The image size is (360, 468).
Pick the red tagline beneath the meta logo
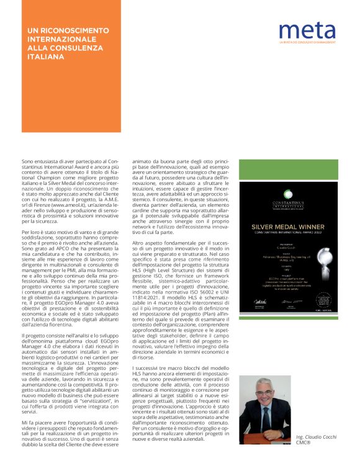pos(308,42)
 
